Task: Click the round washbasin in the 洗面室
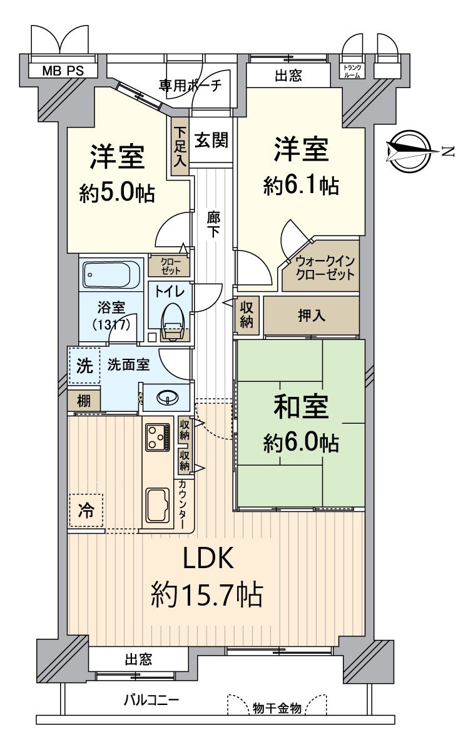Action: pos(166,397)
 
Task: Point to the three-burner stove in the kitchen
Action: pos(157,437)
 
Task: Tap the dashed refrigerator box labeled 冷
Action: pos(86,511)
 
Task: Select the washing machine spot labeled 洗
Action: pos(84,365)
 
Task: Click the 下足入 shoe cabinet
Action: pos(180,147)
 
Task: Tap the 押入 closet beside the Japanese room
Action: pos(311,316)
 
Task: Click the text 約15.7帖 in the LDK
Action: pos(206,594)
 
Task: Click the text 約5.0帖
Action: pos(117,192)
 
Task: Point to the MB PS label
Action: pos(63,71)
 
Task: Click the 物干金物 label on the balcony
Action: pos(277,708)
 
